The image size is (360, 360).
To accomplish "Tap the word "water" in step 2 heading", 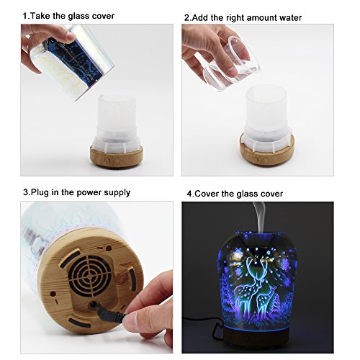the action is (289, 18).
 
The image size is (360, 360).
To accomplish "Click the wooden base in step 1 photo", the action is (117, 156).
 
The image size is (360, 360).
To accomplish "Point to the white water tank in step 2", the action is (266, 117).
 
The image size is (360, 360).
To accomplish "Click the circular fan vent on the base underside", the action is (90, 275).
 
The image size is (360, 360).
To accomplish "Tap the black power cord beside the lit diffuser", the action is (204, 322).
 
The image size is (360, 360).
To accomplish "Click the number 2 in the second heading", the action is (186, 18).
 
